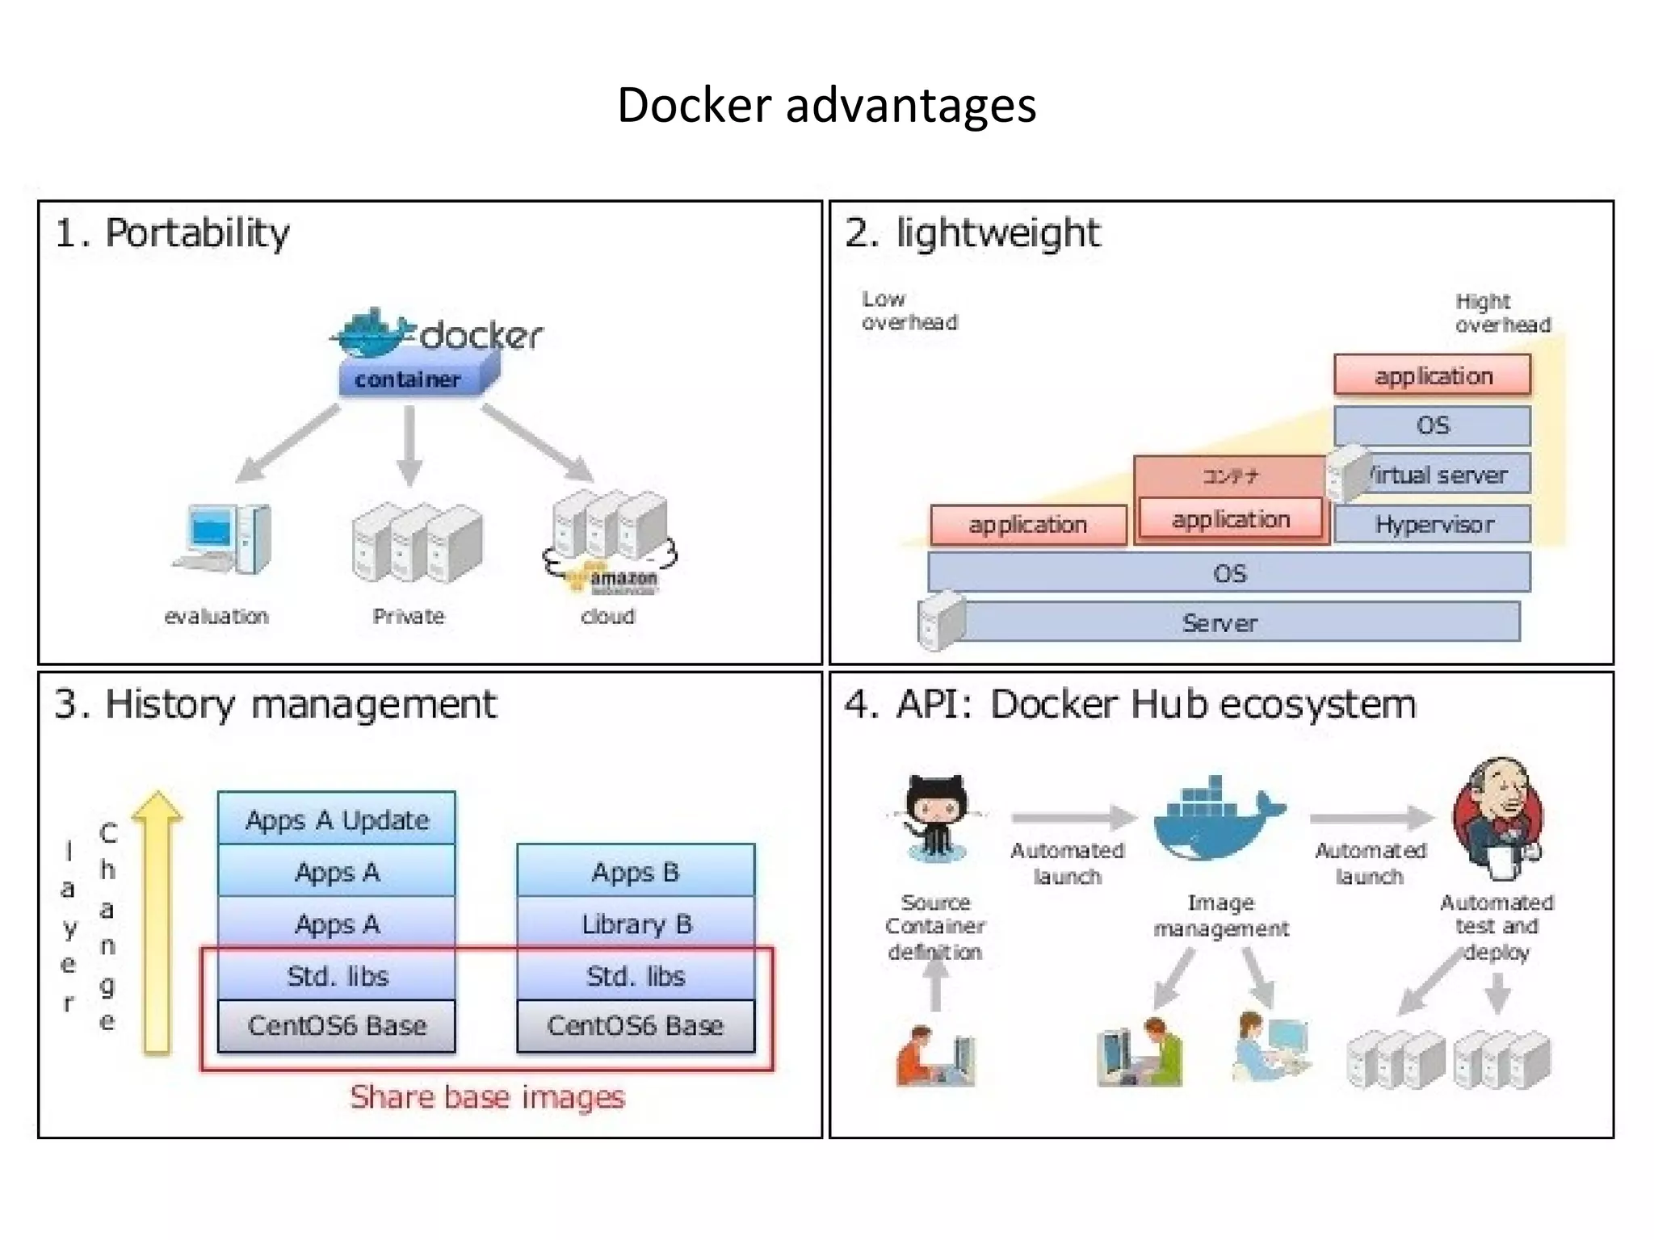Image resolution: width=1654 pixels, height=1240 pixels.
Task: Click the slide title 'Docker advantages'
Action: coord(826,106)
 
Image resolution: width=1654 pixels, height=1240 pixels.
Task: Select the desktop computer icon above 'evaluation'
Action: coord(222,538)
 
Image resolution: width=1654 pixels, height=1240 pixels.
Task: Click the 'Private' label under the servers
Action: coord(409,617)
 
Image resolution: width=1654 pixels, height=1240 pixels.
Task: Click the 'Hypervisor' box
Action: coord(1433,525)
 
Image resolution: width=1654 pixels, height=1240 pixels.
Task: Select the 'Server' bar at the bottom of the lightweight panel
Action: coord(1220,622)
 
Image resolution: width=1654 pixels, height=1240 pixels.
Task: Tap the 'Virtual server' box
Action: coord(1438,475)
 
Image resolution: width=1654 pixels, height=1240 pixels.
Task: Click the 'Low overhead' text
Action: coord(909,311)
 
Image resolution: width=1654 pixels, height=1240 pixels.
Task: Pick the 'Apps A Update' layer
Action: coord(337,819)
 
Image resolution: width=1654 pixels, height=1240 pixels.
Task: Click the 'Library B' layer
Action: coord(636,924)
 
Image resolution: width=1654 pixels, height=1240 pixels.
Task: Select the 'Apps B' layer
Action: coord(636,872)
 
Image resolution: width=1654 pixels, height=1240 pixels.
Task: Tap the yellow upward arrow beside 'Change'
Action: coord(157,920)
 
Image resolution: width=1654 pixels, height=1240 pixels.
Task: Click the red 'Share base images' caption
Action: coord(487,1097)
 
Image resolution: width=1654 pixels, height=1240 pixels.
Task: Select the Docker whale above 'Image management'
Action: coord(1218,819)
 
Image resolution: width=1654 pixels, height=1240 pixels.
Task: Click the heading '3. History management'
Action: coord(275,704)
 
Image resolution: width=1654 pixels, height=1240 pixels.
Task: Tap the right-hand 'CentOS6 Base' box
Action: coord(636,1025)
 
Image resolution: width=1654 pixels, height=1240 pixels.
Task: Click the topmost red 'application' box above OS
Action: coord(1433,376)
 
